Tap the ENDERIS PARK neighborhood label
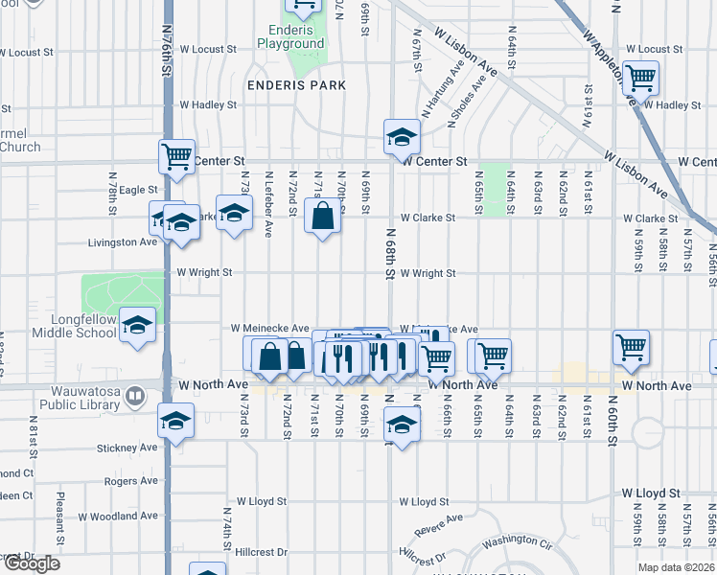pyautogui.click(x=295, y=85)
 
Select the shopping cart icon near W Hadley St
pyautogui.click(x=640, y=77)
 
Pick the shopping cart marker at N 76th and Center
pyautogui.click(x=176, y=156)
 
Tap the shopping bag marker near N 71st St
pyautogui.click(x=323, y=216)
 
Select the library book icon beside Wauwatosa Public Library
pyautogui.click(x=135, y=394)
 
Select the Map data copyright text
pyautogui.click(x=676, y=567)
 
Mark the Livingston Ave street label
pyautogui.click(x=122, y=242)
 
